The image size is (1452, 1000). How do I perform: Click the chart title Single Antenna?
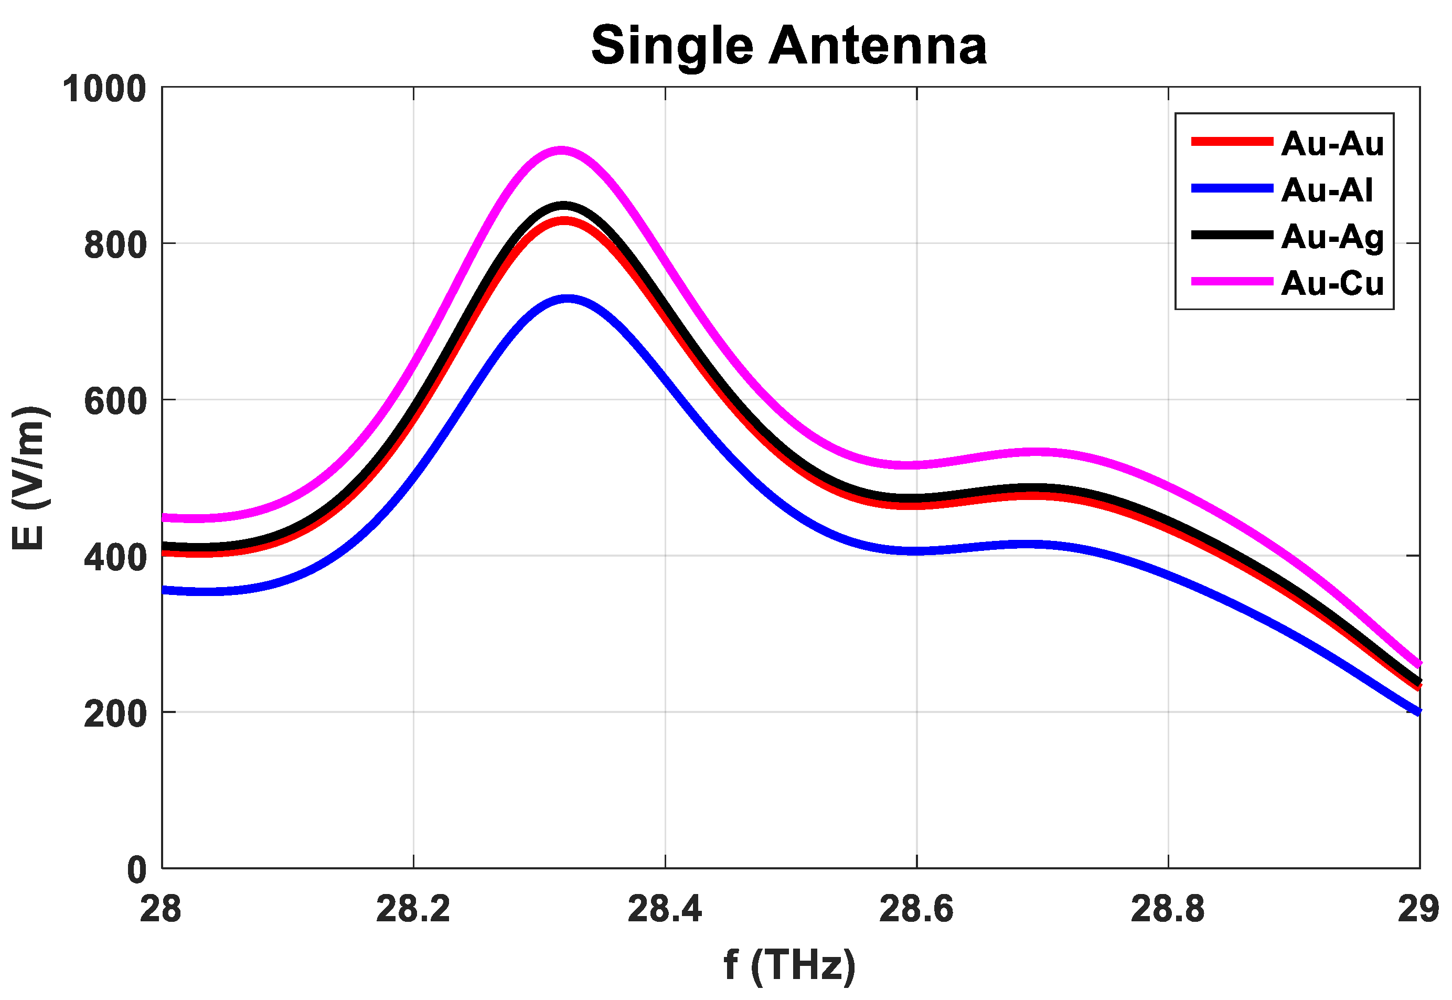tap(788, 46)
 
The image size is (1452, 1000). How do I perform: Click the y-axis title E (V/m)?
tap(29, 477)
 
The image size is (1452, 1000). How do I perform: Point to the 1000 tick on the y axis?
tap(104, 89)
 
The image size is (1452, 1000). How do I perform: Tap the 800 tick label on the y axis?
tap(115, 244)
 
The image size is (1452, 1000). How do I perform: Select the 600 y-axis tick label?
tap(115, 400)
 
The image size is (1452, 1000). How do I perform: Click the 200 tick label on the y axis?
tap(115, 713)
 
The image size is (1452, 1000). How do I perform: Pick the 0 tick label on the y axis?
tap(136, 870)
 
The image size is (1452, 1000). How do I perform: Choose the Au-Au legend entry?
tap(1332, 143)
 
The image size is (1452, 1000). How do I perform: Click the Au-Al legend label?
tap(1327, 190)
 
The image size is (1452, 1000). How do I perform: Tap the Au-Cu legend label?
tap(1332, 283)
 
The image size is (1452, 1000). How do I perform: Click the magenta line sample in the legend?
tap(1232, 281)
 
